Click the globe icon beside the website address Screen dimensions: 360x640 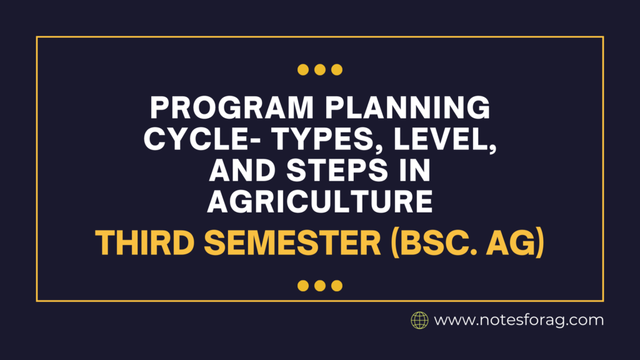(419, 321)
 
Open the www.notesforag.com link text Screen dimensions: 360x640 (519, 321)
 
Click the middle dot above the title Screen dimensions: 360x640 (320, 69)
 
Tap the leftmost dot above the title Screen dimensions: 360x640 (303, 69)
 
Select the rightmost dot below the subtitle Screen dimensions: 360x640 (337, 286)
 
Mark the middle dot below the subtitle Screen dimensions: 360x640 (320, 286)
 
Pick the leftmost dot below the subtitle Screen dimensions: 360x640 (303, 286)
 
